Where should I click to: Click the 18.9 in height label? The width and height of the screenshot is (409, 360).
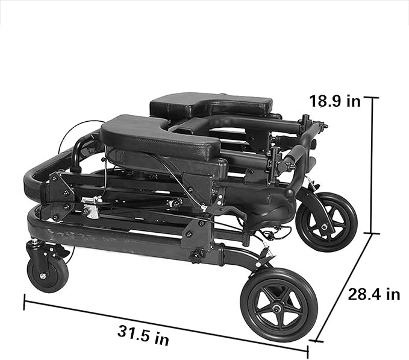(335, 101)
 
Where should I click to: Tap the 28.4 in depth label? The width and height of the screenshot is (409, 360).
(374, 294)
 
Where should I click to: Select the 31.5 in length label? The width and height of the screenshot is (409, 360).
(143, 335)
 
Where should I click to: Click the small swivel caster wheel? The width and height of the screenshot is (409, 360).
(48, 276)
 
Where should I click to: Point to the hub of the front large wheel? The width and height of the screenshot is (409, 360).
(276, 309)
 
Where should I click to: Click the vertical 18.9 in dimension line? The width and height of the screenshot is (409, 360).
(372, 165)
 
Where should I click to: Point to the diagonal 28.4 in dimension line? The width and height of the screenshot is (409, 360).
(343, 287)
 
